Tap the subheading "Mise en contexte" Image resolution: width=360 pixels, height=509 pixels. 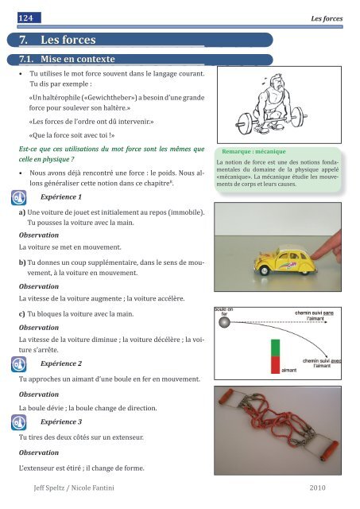pos(79,59)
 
